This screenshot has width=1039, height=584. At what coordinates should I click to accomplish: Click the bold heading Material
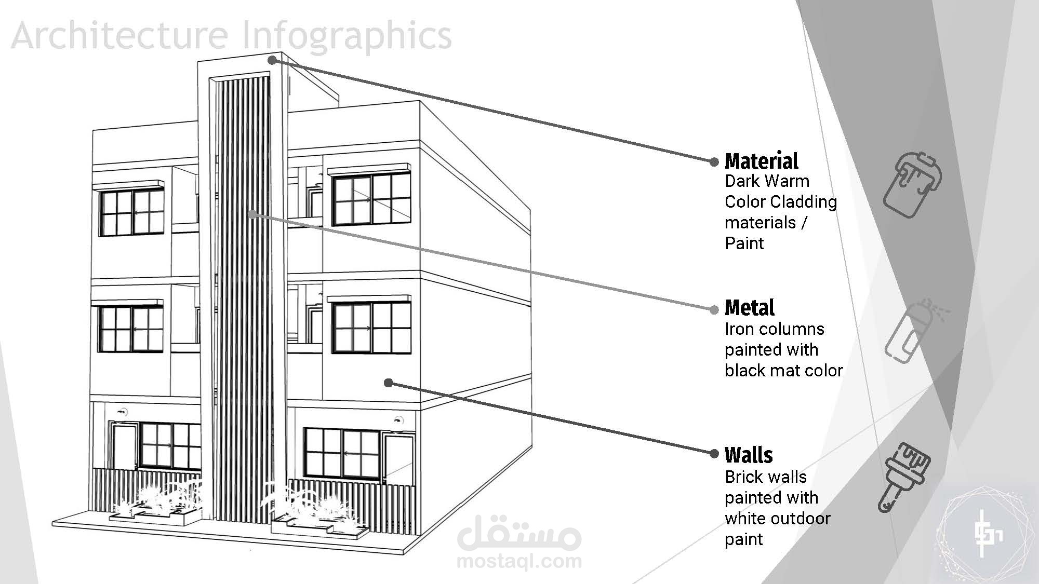[762, 161]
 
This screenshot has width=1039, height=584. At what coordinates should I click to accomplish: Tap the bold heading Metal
[750, 308]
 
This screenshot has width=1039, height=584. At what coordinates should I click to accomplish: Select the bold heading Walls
[749, 455]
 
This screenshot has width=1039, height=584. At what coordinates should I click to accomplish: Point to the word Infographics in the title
[348, 36]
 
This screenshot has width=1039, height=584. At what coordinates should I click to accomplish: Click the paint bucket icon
[913, 185]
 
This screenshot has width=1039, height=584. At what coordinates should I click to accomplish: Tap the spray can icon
[915, 331]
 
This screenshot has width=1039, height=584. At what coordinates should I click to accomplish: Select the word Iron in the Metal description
[739, 329]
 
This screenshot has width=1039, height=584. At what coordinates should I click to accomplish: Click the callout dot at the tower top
[272, 61]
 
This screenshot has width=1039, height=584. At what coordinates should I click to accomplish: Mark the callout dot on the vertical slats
[252, 214]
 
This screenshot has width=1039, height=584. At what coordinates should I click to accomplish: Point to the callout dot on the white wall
[389, 383]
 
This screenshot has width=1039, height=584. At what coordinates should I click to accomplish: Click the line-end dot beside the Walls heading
[714, 453]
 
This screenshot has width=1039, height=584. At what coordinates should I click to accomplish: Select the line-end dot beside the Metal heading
[714, 310]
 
